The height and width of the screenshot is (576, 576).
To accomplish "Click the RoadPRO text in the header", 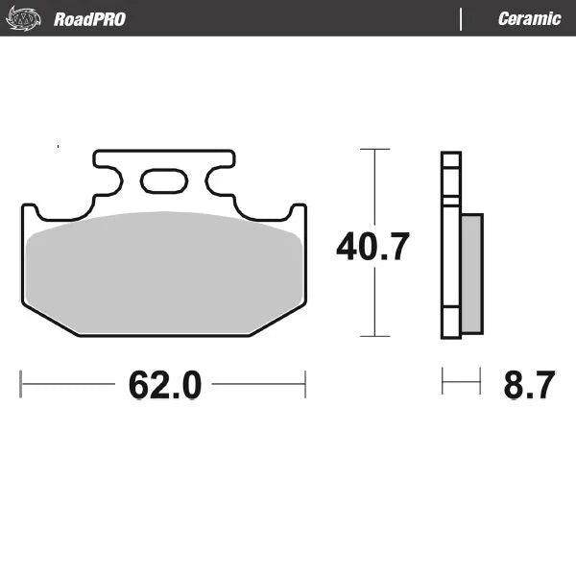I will (x=89, y=19).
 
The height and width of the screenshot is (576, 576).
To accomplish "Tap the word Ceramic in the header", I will (x=529, y=19).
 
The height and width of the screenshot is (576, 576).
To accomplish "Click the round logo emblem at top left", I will (x=26, y=18).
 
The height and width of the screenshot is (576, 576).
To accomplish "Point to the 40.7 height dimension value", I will (x=372, y=247).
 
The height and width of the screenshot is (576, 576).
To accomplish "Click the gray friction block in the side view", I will (x=471, y=274).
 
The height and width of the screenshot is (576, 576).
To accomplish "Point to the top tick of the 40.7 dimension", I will (x=374, y=150).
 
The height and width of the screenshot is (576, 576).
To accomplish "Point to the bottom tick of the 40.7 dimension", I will (x=374, y=336).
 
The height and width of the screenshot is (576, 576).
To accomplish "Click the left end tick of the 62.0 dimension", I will (x=21, y=384).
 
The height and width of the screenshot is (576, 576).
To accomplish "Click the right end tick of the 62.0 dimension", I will (x=305, y=384).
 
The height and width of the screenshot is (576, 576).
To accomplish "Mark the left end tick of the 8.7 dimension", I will (x=443, y=382).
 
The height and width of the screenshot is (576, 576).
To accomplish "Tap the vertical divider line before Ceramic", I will (x=462, y=19).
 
